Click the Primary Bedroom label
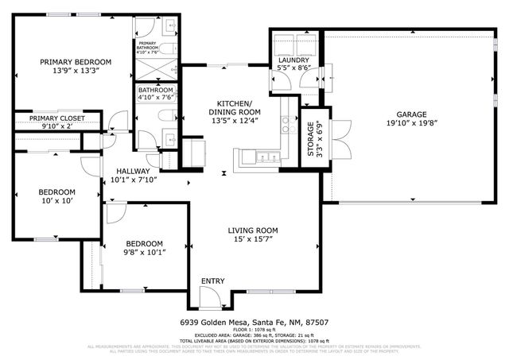[x=76, y=62]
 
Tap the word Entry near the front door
[x=212, y=281]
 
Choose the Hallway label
[x=133, y=171]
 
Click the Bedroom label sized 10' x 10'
[x=56, y=192]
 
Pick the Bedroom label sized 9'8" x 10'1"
[x=144, y=244]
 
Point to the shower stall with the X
[x=155, y=69]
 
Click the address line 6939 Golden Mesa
[x=254, y=323]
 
